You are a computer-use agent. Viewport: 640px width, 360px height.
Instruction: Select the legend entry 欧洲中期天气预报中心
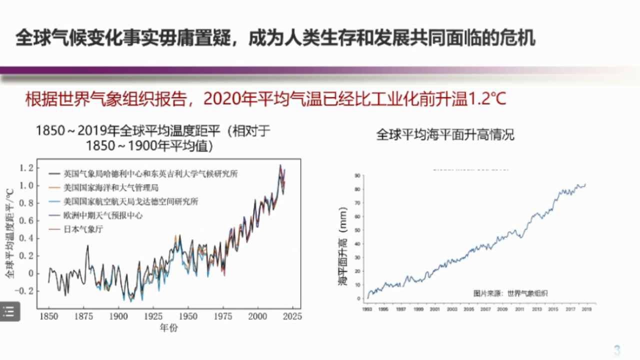[103, 215]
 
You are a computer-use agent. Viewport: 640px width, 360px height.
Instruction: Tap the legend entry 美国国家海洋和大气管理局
[110, 188]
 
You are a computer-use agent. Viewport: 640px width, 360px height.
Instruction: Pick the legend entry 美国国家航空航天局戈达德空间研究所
[130, 201]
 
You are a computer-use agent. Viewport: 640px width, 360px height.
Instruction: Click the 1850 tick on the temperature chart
[49, 316]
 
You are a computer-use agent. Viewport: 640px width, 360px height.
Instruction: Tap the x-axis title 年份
[168, 328]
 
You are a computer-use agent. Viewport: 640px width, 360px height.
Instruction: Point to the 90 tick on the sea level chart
[357, 175]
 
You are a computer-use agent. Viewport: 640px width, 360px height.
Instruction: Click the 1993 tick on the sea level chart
[367, 309]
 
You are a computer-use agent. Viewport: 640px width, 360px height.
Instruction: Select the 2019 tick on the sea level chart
[587, 309]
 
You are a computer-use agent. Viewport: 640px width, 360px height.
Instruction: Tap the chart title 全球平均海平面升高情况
[444, 135]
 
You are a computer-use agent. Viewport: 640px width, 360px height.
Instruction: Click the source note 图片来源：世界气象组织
[510, 293]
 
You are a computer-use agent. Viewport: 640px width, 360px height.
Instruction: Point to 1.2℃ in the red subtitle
[487, 99]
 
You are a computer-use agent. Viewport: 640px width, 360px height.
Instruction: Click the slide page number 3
[617, 349]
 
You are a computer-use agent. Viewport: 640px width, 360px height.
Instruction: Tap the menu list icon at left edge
[9, 311]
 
